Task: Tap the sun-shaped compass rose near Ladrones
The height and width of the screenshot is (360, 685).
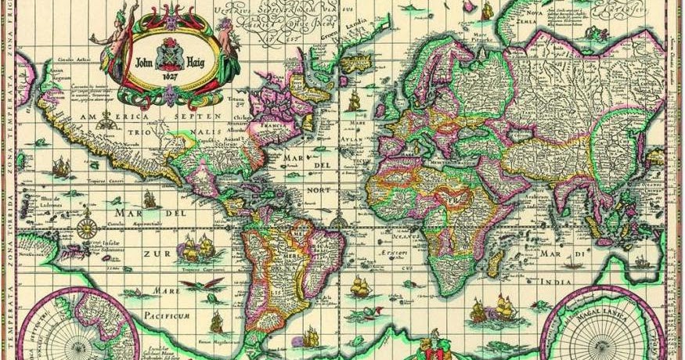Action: tap(87, 229)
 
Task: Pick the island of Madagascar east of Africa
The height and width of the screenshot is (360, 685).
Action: tap(495, 262)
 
